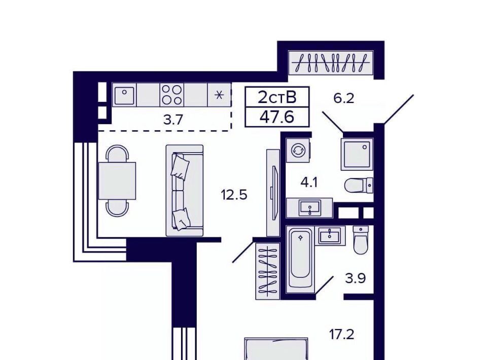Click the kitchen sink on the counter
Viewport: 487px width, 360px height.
[x=124, y=95]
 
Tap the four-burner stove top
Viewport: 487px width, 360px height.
[x=172, y=95]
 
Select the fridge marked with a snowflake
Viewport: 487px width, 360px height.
[x=219, y=95]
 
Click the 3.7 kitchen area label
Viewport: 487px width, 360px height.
[x=173, y=120]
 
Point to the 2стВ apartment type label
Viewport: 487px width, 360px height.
[x=277, y=97]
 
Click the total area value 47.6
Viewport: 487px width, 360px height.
[x=277, y=117]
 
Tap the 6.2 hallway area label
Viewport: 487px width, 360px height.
[x=343, y=98]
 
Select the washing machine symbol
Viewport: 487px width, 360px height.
[x=298, y=151]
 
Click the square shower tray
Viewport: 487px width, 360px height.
[x=357, y=154]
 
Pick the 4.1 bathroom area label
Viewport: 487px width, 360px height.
[x=309, y=182]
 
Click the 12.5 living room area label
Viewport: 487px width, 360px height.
[x=234, y=195]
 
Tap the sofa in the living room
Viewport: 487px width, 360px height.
[x=185, y=191]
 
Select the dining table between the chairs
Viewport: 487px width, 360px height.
[x=117, y=181]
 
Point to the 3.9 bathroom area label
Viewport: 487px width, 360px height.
[x=355, y=278]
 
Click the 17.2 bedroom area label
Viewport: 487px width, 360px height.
[x=341, y=335]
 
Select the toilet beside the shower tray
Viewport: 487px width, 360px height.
[x=359, y=186]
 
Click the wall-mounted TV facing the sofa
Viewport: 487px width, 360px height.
[x=273, y=193]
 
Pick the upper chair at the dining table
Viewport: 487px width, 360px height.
[x=117, y=154]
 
